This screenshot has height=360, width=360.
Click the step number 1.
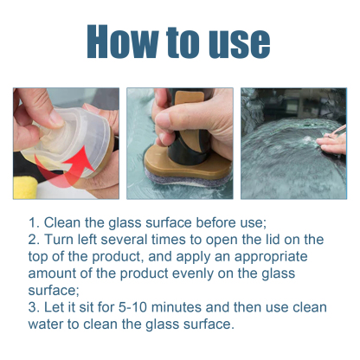click(x=32, y=222)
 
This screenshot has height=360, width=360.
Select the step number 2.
click(x=32, y=239)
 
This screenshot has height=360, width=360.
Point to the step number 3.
click(x=32, y=308)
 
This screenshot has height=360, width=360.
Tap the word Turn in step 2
click(x=60, y=239)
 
